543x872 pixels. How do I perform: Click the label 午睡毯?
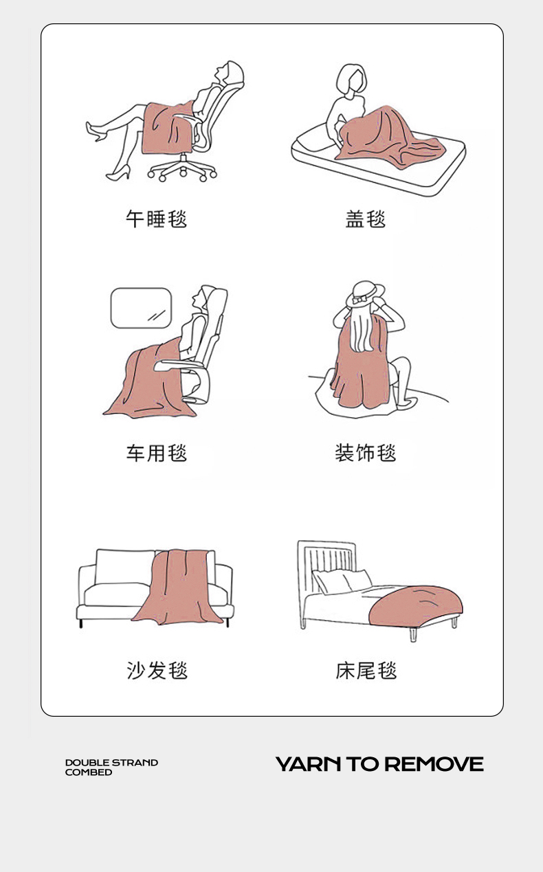coord(156,219)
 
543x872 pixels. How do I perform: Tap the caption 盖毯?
coord(366,219)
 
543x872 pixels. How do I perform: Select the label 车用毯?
coord(156,453)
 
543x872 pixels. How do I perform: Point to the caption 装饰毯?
coord(366,453)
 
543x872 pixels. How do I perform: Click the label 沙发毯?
coord(157,671)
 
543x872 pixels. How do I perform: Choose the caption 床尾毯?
coord(366,671)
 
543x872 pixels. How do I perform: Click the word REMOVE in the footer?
coord(434,764)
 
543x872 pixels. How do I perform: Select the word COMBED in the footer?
coord(89,772)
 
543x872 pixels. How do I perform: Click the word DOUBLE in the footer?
coord(87,763)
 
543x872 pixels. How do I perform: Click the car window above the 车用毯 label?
coord(141,308)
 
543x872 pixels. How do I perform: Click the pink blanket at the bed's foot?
coord(415,606)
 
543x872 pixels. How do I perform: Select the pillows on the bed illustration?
coord(342,581)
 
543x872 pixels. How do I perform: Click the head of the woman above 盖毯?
coord(351,80)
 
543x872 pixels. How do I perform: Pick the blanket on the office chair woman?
coord(168,128)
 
